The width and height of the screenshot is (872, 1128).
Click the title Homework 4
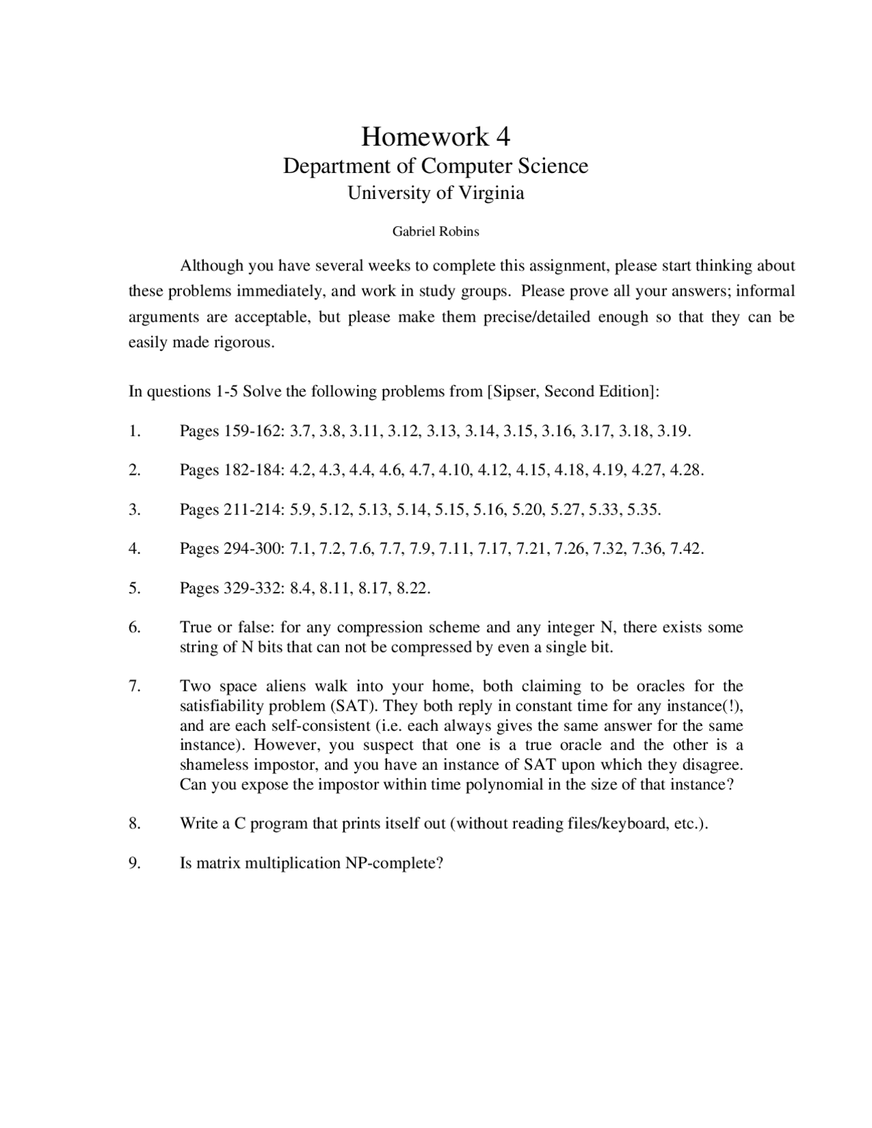point(435,137)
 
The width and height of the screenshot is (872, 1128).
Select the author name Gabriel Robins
point(435,232)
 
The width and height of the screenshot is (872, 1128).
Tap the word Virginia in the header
point(490,193)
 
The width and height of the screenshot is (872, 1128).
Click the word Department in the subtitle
point(332,166)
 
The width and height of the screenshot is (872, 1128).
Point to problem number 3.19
point(674,431)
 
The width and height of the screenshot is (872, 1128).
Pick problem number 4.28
point(687,470)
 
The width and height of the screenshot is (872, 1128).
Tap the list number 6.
point(134,627)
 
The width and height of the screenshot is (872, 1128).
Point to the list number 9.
point(134,864)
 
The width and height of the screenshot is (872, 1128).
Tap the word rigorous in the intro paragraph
point(244,343)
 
